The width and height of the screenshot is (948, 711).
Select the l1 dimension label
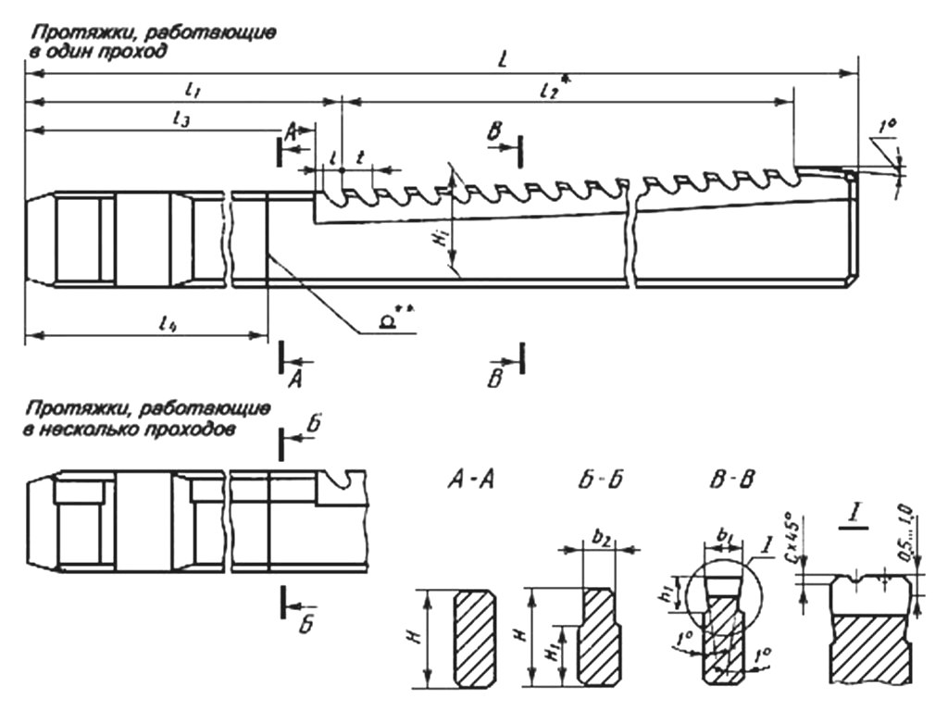click(192, 89)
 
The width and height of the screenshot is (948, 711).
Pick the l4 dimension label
click(168, 323)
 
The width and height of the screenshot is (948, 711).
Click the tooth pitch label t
click(359, 158)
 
